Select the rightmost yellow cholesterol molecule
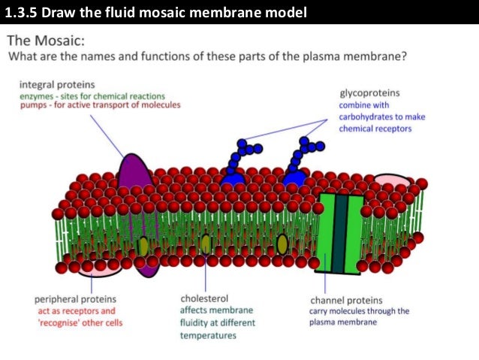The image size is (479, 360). (x=282, y=244)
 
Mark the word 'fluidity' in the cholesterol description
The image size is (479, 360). (x=195, y=322)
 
